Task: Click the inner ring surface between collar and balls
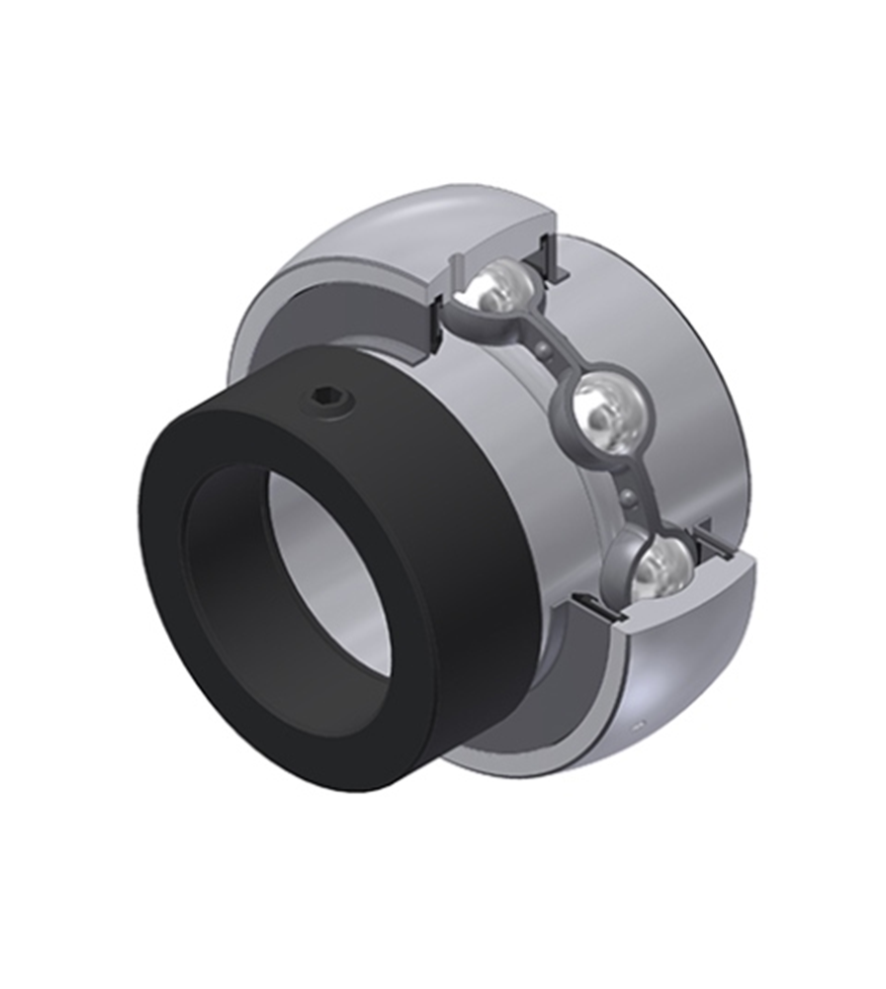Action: (494, 415)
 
